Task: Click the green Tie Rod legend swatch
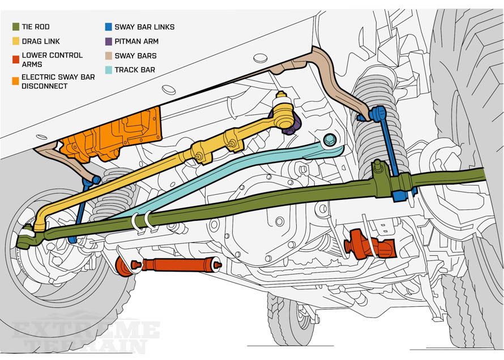click(x=15, y=27)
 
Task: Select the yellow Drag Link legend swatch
click(x=15, y=41)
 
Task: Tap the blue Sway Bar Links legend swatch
click(x=108, y=27)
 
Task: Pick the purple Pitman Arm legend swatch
click(x=108, y=41)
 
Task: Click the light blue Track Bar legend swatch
click(x=108, y=70)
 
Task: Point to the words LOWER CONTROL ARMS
click(x=52, y=60)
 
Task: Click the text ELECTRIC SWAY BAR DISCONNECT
click(x=58, y=81)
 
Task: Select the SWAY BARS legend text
click(x=135, y=56)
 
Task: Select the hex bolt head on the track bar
click(x=330, y=139)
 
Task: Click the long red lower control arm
click(x=170, y=264)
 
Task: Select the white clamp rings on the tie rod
click(x=142, y=221)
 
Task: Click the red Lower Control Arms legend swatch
click(x=15, y=56)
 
